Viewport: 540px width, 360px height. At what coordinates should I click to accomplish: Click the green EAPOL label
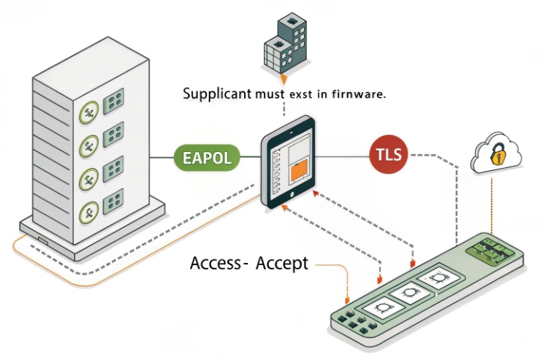coord(208,157)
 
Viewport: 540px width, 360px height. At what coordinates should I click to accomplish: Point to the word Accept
coord(281,263)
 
